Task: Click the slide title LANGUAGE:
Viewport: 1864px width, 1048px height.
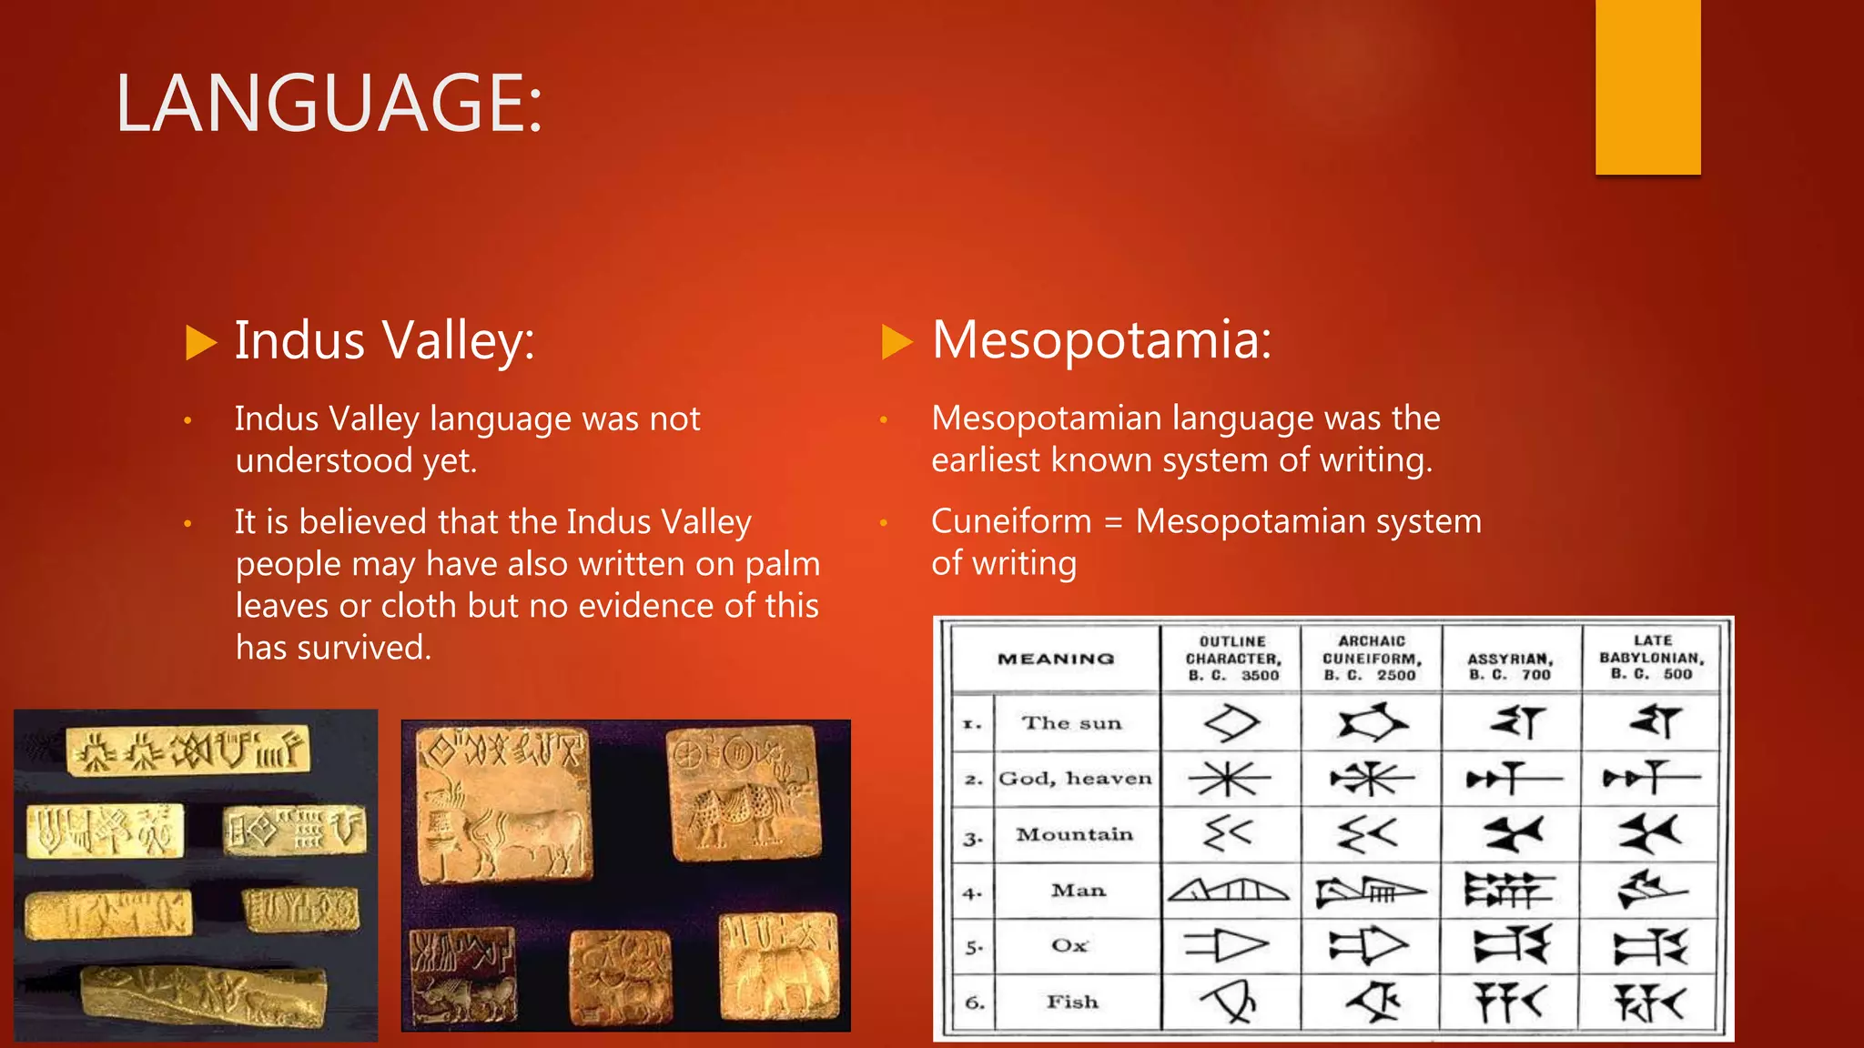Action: [x=329, y=103]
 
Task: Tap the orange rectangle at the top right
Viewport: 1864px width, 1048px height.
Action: [x=1647, y=86]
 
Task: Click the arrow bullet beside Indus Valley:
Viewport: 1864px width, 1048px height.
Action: [x=200, y=343]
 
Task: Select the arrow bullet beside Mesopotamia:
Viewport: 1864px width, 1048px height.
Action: [x=897, y=342]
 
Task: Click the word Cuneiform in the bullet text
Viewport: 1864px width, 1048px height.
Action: [x=1011, y=521]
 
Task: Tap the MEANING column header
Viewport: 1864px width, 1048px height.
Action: [x=1056, y=659]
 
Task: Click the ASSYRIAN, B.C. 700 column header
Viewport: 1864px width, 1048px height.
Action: [x=1511, y=666]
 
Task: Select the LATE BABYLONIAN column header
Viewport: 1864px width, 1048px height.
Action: [x=1652, y=658]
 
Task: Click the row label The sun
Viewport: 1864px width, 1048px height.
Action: [x=1071, y=723]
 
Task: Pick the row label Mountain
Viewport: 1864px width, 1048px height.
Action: [x=1074, y=834]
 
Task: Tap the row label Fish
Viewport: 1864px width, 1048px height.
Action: [x=1072, y=1002]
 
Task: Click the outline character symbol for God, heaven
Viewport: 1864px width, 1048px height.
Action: [x=1230, y=779]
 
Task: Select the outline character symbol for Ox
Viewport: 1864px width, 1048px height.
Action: [x=1227, y=946]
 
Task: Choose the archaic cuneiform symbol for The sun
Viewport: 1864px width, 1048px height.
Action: [x=1373, y=723]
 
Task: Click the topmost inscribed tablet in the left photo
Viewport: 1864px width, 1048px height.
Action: [x=188, y=751]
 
